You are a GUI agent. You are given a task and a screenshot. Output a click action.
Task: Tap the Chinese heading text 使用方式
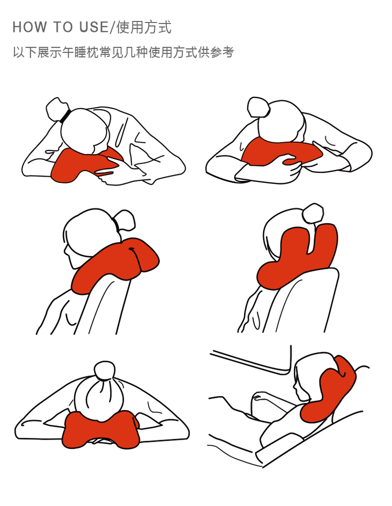point(144,27)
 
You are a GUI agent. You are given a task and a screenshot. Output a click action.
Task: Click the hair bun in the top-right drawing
point(258,107)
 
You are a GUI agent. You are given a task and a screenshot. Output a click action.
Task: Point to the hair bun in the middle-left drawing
point(124,220)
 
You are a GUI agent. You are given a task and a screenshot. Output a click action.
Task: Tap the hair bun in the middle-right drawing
point(313,213)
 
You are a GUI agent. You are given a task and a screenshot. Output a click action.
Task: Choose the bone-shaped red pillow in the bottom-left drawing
point(100,430)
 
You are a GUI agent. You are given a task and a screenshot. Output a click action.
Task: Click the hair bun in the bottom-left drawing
point(105,371)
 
